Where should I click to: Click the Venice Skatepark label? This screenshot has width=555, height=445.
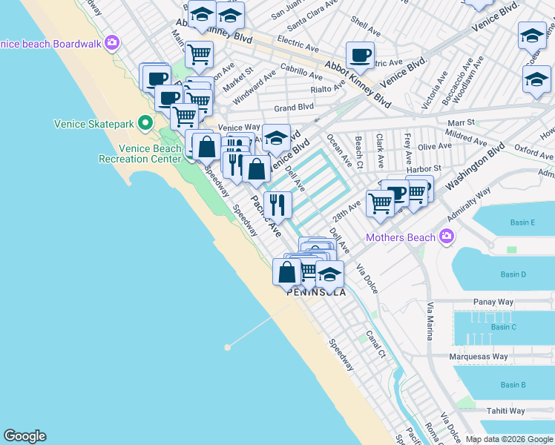tap(96, 124)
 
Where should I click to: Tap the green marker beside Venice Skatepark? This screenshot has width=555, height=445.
tap(146, 123)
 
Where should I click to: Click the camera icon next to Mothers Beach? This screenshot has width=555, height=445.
tap(446, 237)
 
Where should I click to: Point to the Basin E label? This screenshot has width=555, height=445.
tap(522, 222)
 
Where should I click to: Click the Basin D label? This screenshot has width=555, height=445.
tap(513, 274)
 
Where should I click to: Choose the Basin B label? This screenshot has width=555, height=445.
tap(513, 385)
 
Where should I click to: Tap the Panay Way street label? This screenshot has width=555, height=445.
tap(494, 303)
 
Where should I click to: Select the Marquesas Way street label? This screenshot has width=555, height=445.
tap(479, 357)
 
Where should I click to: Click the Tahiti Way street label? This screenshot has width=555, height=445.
tap(506, 411)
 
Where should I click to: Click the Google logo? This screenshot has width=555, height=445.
tap(24, 436)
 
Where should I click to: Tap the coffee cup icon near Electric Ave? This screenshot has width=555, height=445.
tap(360, 55)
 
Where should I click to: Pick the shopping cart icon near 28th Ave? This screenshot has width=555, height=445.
tap(381, 203)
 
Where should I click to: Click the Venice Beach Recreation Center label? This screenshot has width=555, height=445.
tap(140, 154)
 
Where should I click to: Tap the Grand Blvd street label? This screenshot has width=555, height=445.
tap(293, 108)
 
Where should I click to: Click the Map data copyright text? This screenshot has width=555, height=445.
tap(508, 439)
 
